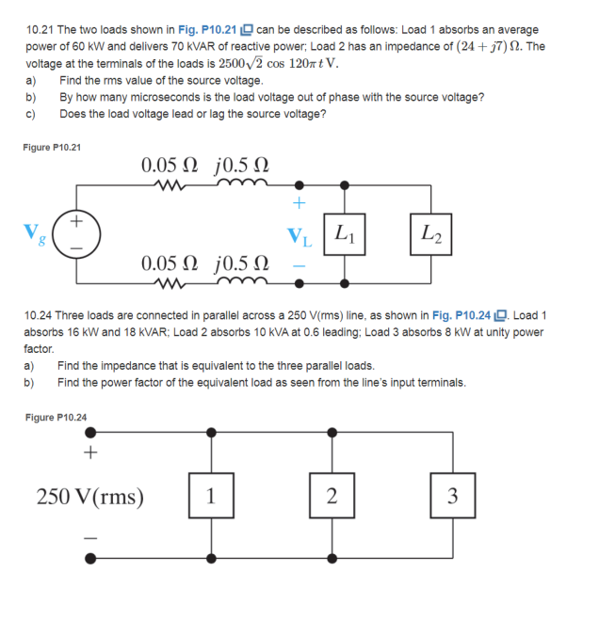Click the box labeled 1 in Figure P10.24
(210, 496)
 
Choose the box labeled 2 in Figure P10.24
(331, 496)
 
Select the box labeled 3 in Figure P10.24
(452, 496)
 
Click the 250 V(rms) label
(89, 496)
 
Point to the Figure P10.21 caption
(53, 147)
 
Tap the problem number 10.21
(40, 30)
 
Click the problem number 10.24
(40, 315)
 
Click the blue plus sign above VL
(299, 202)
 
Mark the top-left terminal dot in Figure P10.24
(90, 434)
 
